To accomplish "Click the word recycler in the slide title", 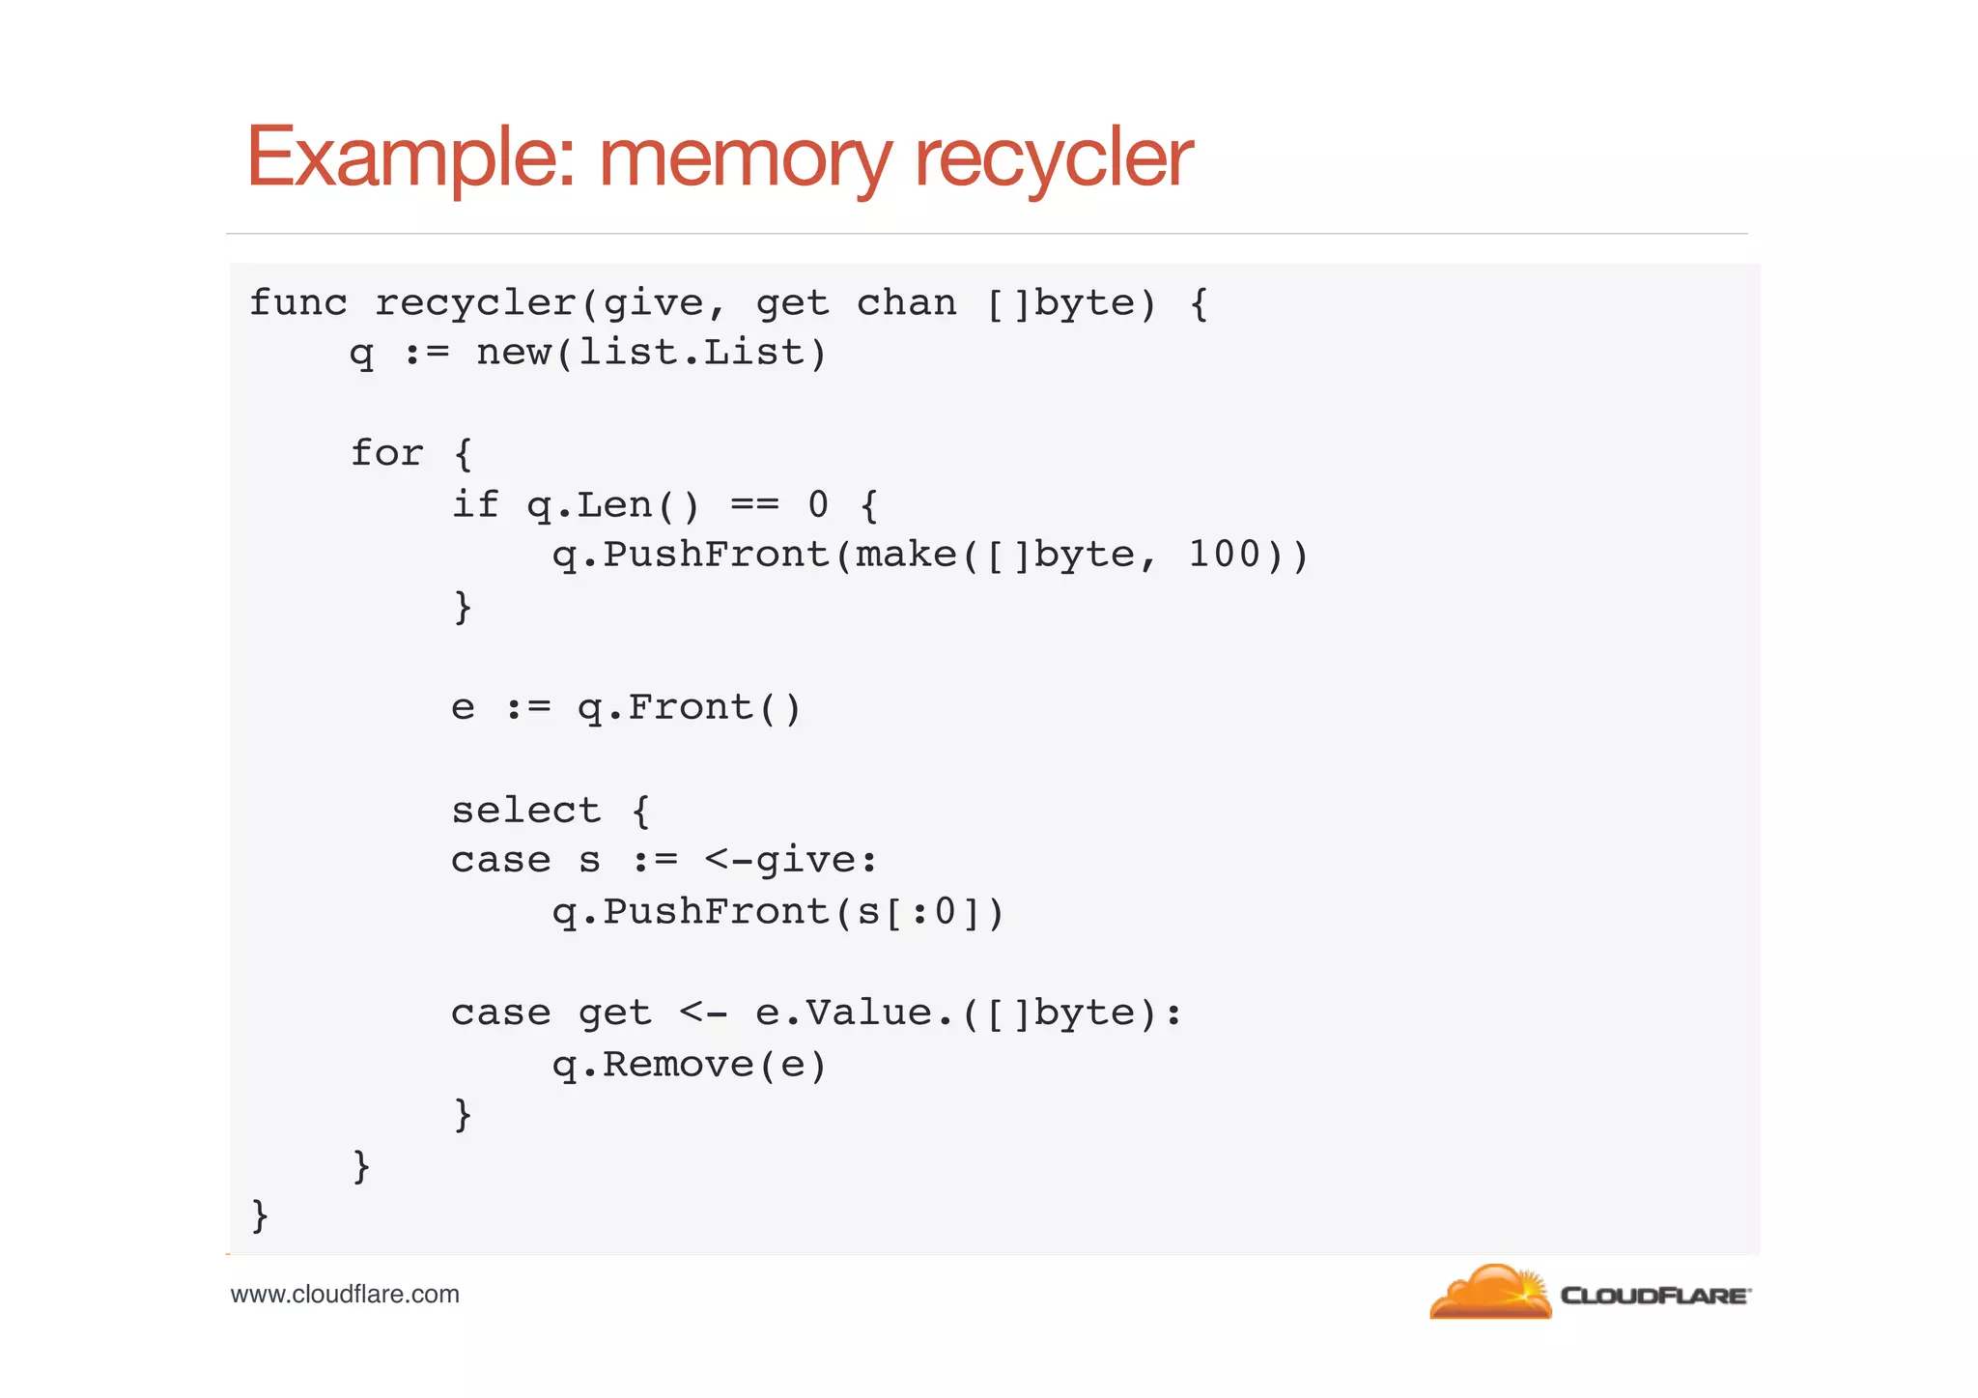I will coord(1053,157).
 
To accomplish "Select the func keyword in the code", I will coord(297,303).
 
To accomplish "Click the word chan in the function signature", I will coord(906,303).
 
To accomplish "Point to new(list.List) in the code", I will coord(652,353).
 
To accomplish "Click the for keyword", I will coord(386,453).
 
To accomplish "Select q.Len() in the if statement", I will coord(612,505).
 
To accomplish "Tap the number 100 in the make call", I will coord(1224,555).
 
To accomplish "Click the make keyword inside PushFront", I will coord(905,555).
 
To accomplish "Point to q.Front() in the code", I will coord(689,708).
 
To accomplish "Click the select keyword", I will coord(525,810).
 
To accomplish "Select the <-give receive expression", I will coord(790,860).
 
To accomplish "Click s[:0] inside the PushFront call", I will coord(918,912).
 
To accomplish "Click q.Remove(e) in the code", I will coord(689,1065).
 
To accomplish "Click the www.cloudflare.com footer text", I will coord(345,1295).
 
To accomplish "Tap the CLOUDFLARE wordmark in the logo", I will coord(1654,1296).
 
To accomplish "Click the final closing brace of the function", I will coord(259,1215).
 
